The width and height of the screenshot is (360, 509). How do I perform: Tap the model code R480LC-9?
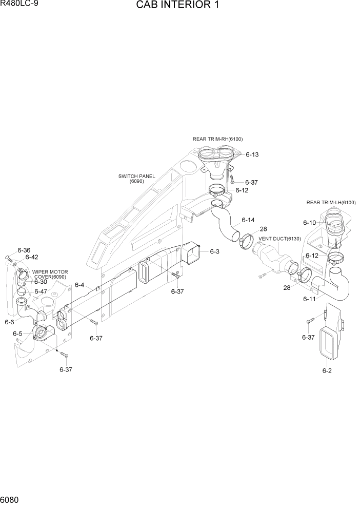point(19,5)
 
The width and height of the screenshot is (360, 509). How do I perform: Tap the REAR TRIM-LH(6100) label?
point(331,203)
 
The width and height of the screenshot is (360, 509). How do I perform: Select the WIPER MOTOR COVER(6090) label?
point(50,275)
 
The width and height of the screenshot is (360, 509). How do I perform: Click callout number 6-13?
point(252,154)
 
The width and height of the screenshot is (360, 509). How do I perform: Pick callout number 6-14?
point(248,220)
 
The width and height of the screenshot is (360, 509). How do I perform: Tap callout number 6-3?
point(214,251)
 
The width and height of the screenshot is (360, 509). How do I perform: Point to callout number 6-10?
point(309,223)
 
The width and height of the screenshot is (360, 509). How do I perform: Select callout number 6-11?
point(309,298)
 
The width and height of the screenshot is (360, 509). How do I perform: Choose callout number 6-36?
point(24,250)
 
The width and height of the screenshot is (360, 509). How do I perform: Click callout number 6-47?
point(41,291)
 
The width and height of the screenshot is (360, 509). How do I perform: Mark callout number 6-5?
point(17,334)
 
